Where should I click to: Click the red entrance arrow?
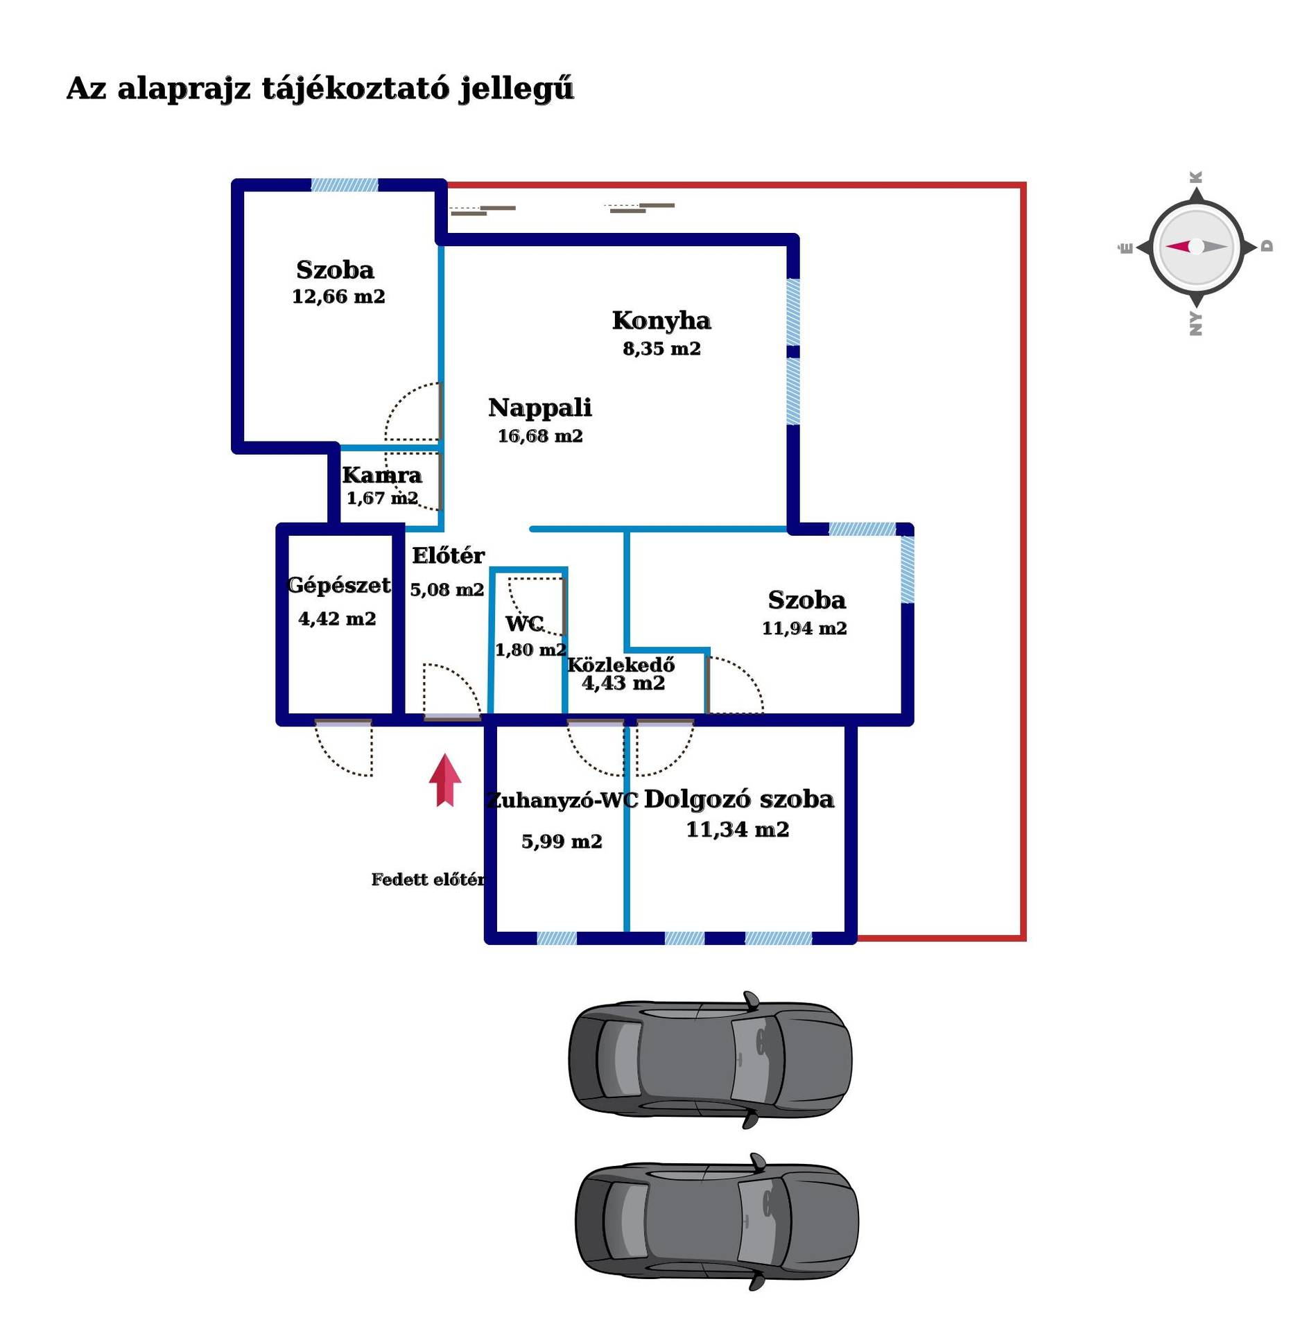(445, 780)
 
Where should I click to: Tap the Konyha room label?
(661, 320)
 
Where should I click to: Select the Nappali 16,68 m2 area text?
(540, 436)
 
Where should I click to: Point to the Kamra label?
(382, 475)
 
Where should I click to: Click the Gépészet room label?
(338, 585)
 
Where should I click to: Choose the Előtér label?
(448, 555)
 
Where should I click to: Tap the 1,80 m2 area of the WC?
(530, 650)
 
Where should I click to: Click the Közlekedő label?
(621, 664)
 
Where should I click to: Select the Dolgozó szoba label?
(739, 799)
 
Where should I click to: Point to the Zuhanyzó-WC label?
(562, 801)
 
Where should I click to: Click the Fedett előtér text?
(428, 880)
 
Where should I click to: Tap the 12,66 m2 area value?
(338, 297)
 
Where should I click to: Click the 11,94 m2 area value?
(804, 628)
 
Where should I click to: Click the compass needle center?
(1196, 246)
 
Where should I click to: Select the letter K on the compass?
(1196, 177)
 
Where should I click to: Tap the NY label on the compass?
(1196, 324)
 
